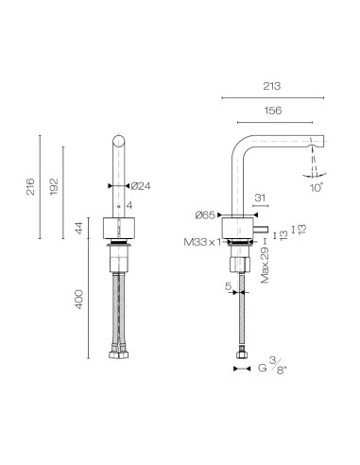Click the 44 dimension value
pos(79,229)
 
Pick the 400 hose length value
pos(79,300)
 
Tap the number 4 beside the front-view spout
pos(129,205)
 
